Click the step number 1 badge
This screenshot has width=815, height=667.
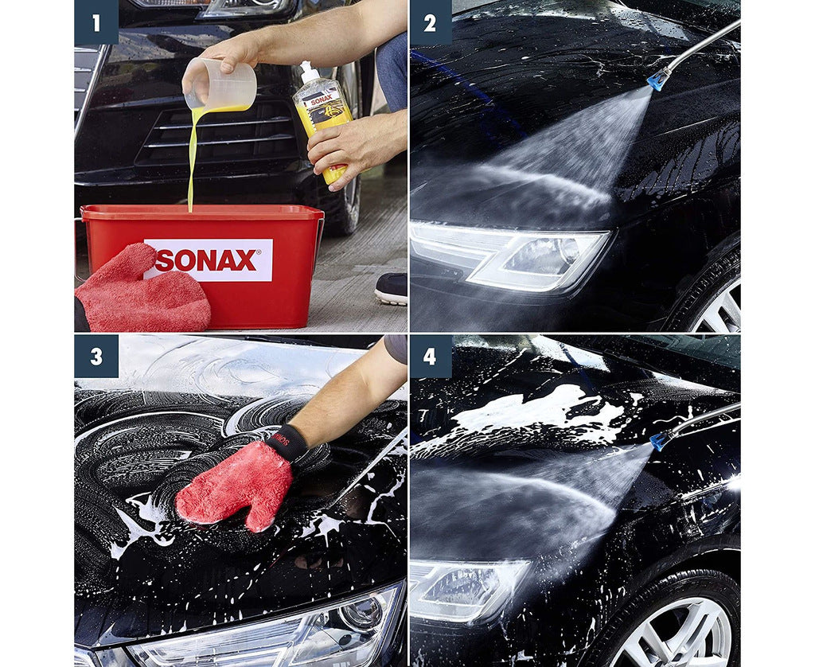pos(96,22)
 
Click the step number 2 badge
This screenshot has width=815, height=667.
pos(430,22)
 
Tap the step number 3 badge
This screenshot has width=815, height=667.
pos(96,356)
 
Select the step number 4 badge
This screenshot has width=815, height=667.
pos(430,356)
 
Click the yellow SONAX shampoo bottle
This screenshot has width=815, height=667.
pos(324,119)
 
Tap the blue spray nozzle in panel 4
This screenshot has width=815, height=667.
pos(660,440)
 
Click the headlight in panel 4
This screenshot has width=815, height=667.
pos(470,589)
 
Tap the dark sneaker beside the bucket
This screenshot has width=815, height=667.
pos(391,288)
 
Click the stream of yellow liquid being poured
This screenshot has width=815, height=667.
pos(192,159)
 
